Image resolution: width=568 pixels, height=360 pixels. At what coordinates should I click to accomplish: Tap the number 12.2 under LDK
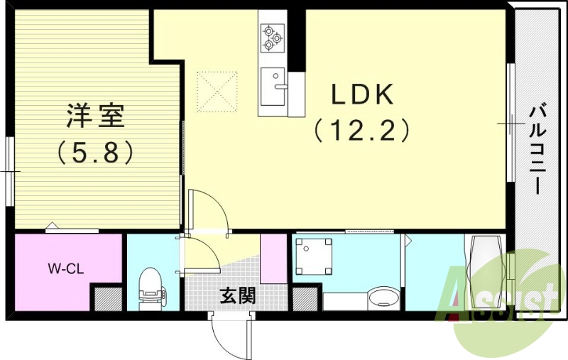point(362,130)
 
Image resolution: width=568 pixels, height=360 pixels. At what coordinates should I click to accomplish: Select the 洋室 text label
point(96,116)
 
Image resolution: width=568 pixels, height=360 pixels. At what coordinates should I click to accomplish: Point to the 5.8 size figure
point(96,151)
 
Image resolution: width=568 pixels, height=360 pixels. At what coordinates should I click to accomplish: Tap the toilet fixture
point(151,287)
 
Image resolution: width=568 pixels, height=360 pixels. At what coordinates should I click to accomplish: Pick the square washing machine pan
point(314,256)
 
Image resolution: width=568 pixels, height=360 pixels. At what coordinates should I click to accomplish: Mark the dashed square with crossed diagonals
point(217,90)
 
